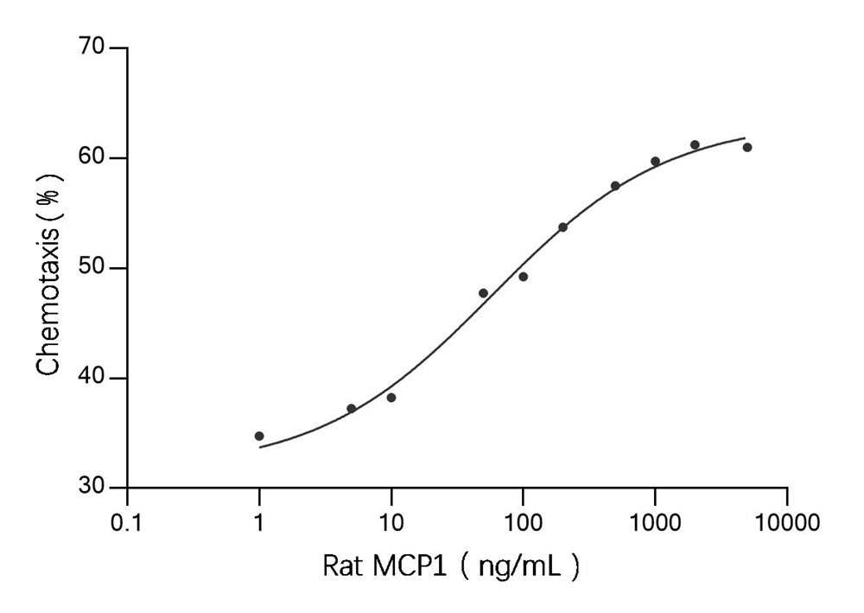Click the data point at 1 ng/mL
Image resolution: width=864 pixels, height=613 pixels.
[259, 436]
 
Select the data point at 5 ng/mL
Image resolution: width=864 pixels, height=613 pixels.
[352, 408]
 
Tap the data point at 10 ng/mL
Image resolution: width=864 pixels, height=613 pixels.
[391, 398]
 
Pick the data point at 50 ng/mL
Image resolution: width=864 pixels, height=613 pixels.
[483, 293]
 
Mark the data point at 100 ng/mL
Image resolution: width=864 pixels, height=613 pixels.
[523, 277]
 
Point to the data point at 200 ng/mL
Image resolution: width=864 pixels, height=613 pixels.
[562, 227]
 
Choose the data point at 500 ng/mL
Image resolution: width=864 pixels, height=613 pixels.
[615, 186]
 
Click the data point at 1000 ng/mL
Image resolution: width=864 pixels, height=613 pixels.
[655, 162]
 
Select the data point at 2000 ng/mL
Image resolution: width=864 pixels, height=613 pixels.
[695, 144]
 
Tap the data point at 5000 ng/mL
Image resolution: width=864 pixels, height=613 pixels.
[747, 147]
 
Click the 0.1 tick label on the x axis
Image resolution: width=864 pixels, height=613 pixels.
[127, 520]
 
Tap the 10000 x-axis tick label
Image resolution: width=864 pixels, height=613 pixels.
[786, 520]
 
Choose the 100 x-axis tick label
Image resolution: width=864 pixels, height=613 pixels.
[523, 520]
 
